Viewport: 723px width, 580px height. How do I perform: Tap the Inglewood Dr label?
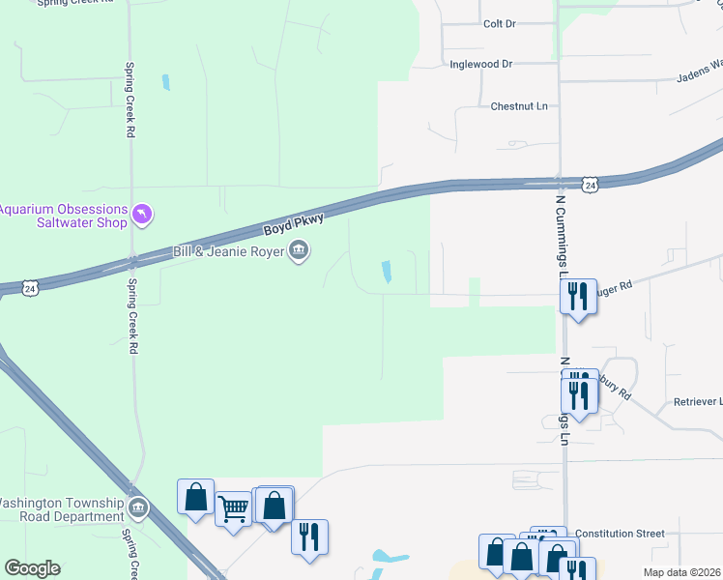480,64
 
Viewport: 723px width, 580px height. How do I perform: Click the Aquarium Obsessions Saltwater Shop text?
63,216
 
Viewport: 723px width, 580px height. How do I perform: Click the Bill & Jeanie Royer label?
230,252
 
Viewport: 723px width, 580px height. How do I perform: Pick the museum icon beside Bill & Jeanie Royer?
300,251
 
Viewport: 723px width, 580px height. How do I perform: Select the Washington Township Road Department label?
60,509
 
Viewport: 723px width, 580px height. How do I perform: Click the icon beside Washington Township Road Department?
138,507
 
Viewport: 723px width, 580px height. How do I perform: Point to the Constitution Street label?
620,533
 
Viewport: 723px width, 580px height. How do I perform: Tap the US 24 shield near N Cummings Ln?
590,184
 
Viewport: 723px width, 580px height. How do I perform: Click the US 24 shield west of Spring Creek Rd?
32,288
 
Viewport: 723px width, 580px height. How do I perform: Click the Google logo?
33,567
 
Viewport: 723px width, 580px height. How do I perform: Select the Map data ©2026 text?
682,572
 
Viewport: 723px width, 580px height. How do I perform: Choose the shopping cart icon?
234,507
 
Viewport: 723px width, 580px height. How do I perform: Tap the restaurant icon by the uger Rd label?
578,295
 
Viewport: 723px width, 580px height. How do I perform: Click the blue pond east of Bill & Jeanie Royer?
388,273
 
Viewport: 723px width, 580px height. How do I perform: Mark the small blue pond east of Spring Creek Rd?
166,82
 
